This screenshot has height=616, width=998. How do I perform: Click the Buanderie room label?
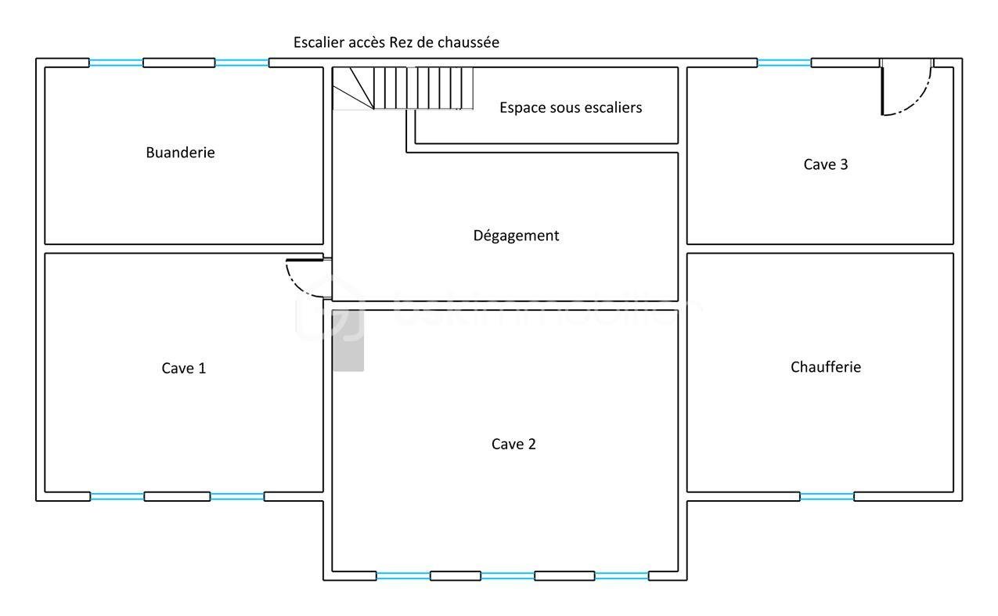pos(180,153)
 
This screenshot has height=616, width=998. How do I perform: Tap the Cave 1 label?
pos(184,368)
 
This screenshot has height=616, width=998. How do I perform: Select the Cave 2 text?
pos(513,444)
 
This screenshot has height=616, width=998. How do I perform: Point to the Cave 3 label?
pos(826,164)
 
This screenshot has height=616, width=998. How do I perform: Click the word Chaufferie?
pos(826,366)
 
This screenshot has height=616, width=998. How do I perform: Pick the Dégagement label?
pos(516,235)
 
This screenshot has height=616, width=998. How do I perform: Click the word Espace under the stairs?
pos(523,107)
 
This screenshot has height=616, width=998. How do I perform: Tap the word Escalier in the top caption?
pos(319,42)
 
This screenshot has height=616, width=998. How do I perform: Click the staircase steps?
pos(423,88)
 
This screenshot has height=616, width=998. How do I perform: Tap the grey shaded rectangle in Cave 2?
pos(348,340)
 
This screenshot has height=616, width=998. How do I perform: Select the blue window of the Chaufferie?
pos(827,496)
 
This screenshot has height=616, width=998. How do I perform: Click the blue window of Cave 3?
pos(784,63)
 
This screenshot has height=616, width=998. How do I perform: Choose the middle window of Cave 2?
pos(507,576)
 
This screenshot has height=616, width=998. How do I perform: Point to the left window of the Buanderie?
pos(116,63)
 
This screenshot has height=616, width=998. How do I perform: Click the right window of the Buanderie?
pos(242,63)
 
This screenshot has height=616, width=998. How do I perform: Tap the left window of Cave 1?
pos(117,496)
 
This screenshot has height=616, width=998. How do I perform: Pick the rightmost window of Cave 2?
pos(621,576)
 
